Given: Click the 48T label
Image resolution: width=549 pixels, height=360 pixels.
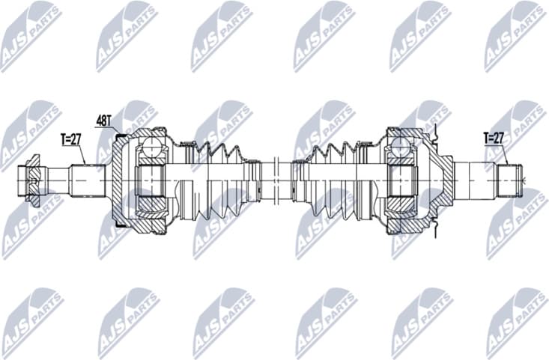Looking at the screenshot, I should coord(104,120).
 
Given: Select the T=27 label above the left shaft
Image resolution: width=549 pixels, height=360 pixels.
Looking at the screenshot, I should coord(71,139).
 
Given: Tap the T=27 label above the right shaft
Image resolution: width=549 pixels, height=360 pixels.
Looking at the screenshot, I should coord(494,138).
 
